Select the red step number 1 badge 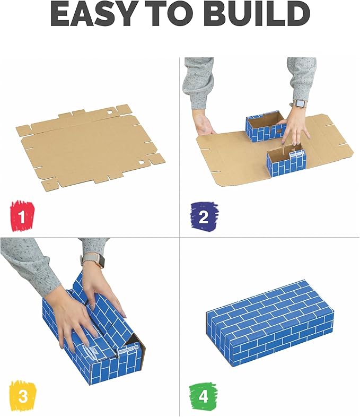22,215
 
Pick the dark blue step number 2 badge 204,215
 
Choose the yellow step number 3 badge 22,396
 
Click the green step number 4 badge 203,396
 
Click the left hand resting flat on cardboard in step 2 204,125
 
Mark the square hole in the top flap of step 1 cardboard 110,113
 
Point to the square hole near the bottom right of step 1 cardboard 143,162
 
